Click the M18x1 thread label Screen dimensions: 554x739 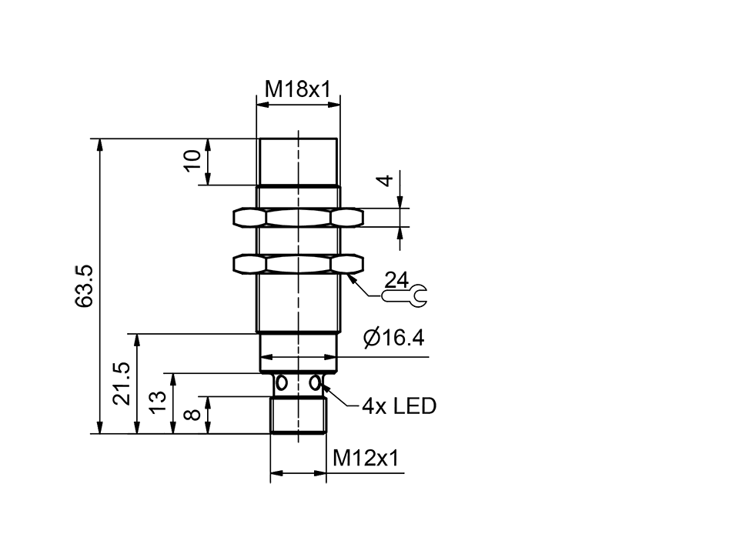click(297, 89)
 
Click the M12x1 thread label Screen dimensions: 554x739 click(366, 459)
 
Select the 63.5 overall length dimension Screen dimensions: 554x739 click(85, 285)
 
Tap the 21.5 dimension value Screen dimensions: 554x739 click(122, 383)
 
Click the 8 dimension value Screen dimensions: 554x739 click(194, 415)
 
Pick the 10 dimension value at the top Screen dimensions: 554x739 click(193, 160)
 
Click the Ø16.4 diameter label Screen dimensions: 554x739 click(393, 339)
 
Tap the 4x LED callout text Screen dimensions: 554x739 click(399, 405)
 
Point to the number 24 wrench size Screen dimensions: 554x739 click(398, 279)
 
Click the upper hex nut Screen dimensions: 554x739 click(297, 218)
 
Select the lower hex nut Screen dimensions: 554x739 click(297, 265)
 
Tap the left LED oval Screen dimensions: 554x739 click(282, 383)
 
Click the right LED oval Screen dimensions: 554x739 click(314, 383)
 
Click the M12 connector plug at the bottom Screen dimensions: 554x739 click(298, 415)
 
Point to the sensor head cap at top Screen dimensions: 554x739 click(297, 162)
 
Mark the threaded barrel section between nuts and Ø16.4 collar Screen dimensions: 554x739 click(297, 304)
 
